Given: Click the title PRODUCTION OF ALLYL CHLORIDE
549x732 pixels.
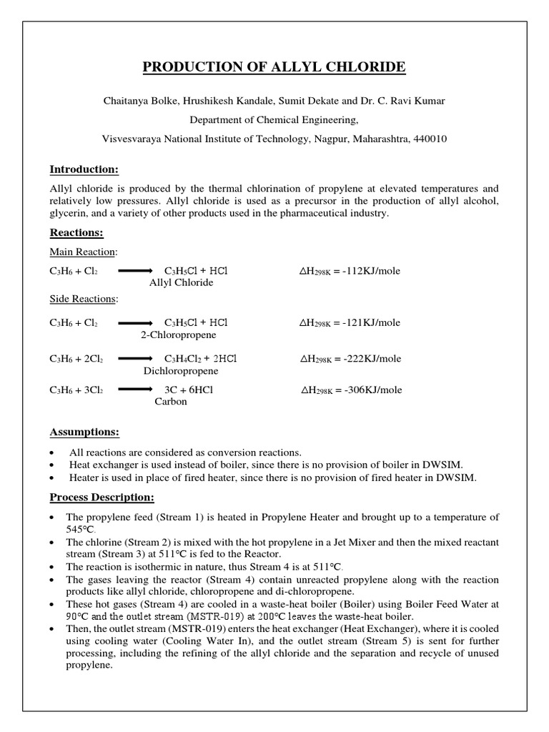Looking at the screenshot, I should (x=274, y=67).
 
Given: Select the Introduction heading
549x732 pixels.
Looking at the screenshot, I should (x=84, y=169).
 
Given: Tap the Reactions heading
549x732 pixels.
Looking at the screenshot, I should (x=76, y=232).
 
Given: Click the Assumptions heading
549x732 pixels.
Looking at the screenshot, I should (x=84, y=432).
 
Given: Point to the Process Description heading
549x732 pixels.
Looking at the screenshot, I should (x=102, y=497).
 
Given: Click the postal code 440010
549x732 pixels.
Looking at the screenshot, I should (x=428, y=139).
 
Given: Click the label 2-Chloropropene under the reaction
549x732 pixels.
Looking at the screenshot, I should (x=178, y=335).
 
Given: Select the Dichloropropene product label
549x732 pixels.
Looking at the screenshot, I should (x=181, y=371).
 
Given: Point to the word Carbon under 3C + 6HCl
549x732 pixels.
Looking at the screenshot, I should (x=171, y=402).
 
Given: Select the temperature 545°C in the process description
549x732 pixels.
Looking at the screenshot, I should (x=80, y=529).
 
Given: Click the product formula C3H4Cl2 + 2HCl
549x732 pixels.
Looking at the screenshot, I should (x=201, y=359).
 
